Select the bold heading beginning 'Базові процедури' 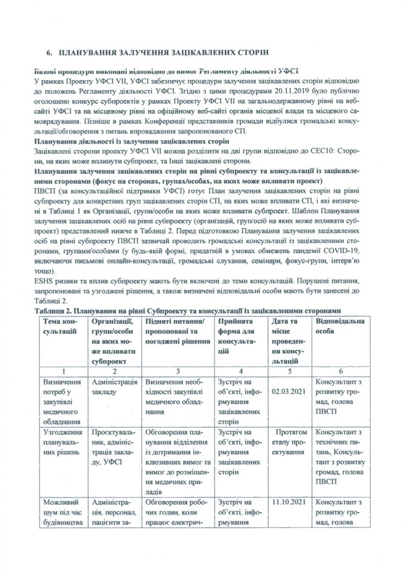coord(155,72)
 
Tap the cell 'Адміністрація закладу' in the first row coord(112,387)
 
